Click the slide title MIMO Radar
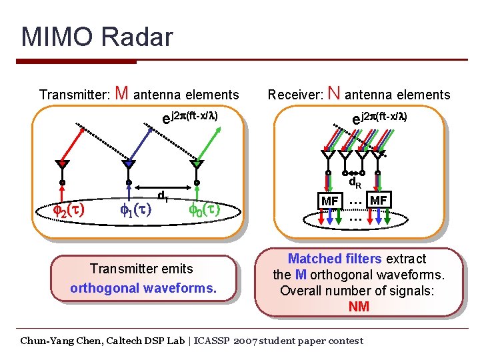(97, 37)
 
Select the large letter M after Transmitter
(122, 93)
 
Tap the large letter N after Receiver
(335, 93)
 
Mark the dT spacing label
(161, 196)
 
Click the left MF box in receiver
(329, 201)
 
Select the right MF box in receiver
(378, 200)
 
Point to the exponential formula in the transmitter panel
(191, 117)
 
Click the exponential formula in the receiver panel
(379, 117)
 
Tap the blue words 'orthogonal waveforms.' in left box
(143, 288)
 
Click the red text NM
(358, 307)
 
